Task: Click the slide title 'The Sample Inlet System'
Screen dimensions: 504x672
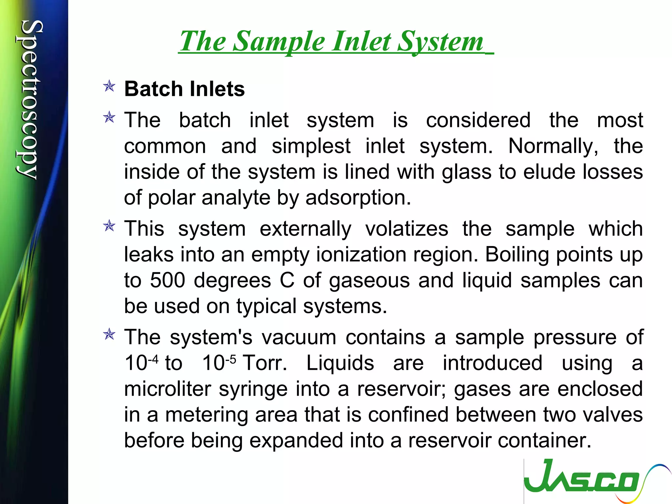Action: (x=331, y=42)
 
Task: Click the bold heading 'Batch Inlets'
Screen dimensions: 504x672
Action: (x=184, y=89)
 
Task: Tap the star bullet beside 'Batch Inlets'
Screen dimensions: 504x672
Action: (x=109, y=86)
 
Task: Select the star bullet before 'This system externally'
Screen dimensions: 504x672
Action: (x=109, y=226)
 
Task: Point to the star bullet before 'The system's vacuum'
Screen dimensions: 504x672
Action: (x=109, y=335)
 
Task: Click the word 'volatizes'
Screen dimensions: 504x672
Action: (x=407, y=229)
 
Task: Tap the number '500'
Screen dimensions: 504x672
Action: (x=167, y=281)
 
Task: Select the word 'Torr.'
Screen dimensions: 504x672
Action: (x=265, y=363)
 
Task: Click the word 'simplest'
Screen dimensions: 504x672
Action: (x=311, y=146)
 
